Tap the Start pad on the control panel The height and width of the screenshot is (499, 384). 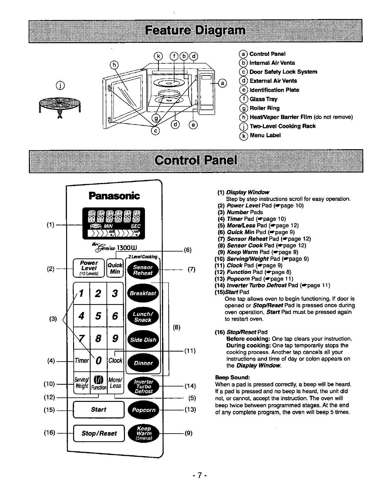tap(99, 409)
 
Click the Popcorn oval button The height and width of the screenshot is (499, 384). tap(143, 410)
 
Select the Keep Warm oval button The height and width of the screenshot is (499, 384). tap(143, 433)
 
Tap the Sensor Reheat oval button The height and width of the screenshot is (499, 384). tap(143, 270)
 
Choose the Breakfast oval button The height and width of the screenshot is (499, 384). tap(143, 293)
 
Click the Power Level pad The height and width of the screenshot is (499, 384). tap(89, 268)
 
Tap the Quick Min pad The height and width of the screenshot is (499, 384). tap(115, 268)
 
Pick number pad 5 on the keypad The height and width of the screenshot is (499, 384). tap(99, 316)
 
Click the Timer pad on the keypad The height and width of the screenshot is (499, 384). tap(82, 360)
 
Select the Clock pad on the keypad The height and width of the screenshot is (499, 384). tap(115, 360)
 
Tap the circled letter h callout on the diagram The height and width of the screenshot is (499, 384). tap(114, 65)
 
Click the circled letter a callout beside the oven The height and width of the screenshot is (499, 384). tap(223, 83)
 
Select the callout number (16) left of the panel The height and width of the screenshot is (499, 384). tap(50, 433)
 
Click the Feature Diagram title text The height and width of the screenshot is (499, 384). tap(195, 31)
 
